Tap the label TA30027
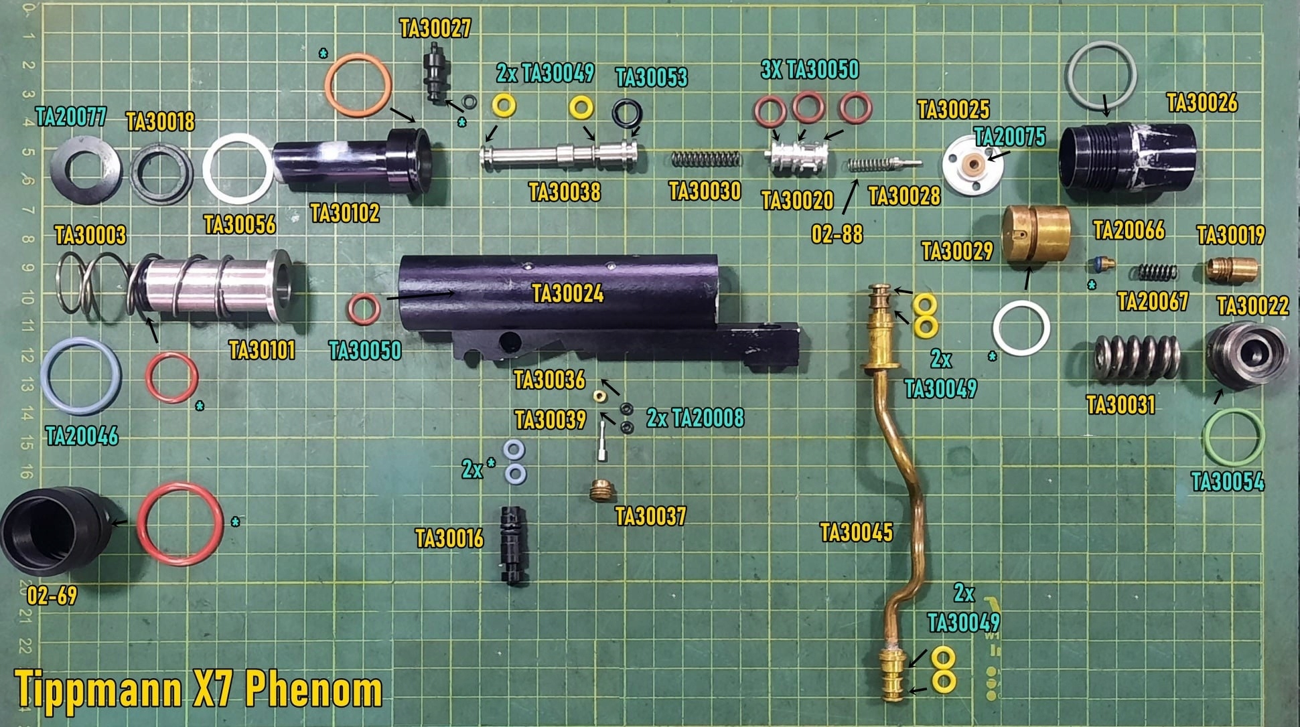pos(435,29)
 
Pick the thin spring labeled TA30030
pos(706,159)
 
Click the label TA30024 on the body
pos(568,293)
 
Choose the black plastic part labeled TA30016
pos(513,545)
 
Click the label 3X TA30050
pos(810,70)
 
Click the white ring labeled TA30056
pos(238,169)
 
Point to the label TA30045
pos(857,533)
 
